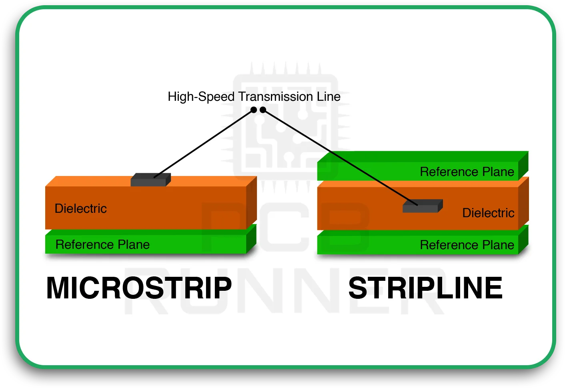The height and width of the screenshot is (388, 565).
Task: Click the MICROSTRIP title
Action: click(x=139, y=288)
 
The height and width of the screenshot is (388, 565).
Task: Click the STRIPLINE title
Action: click(x=425, y=288)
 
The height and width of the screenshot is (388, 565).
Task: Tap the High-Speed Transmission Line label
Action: click(x=254, y=97)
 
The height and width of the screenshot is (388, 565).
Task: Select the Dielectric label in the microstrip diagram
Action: click(x=80, y=208)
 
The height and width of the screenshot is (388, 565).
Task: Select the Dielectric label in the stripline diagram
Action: click(x=488, y=213)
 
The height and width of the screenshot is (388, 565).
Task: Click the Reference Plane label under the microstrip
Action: click(x=102, y=244)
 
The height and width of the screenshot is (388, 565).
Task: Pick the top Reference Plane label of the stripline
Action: click(x=467, y=172)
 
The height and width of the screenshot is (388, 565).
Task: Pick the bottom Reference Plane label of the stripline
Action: click(x=467, y=245)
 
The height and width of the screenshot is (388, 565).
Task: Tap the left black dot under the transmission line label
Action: click(x=254, y=110)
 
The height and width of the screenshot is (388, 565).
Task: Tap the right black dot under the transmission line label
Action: click(x=263, y=110)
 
